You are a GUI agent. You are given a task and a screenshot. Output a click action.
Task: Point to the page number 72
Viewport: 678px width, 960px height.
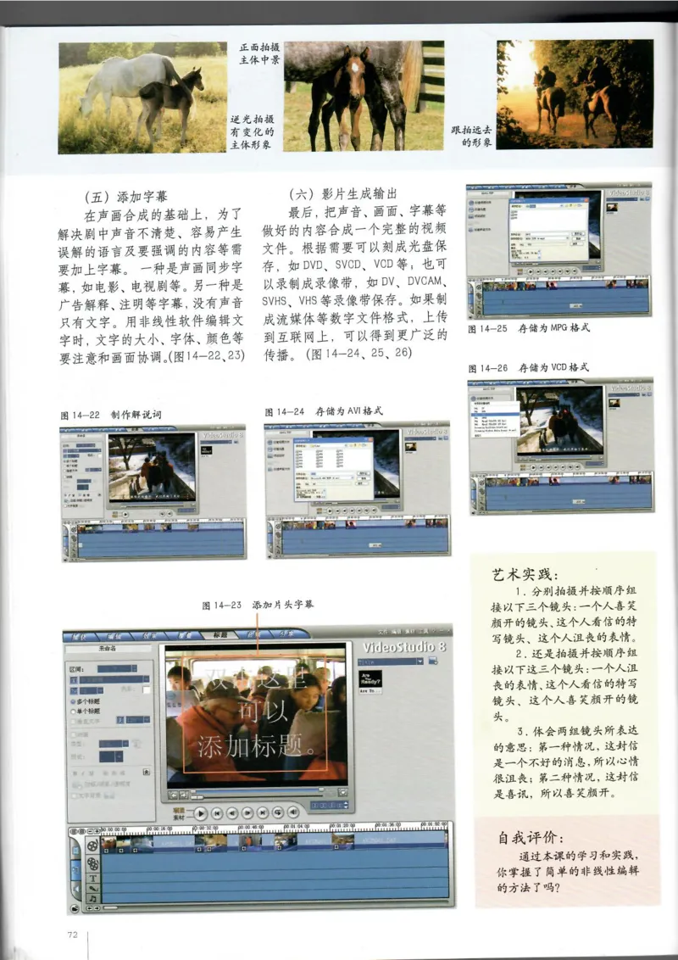point(72,934)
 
